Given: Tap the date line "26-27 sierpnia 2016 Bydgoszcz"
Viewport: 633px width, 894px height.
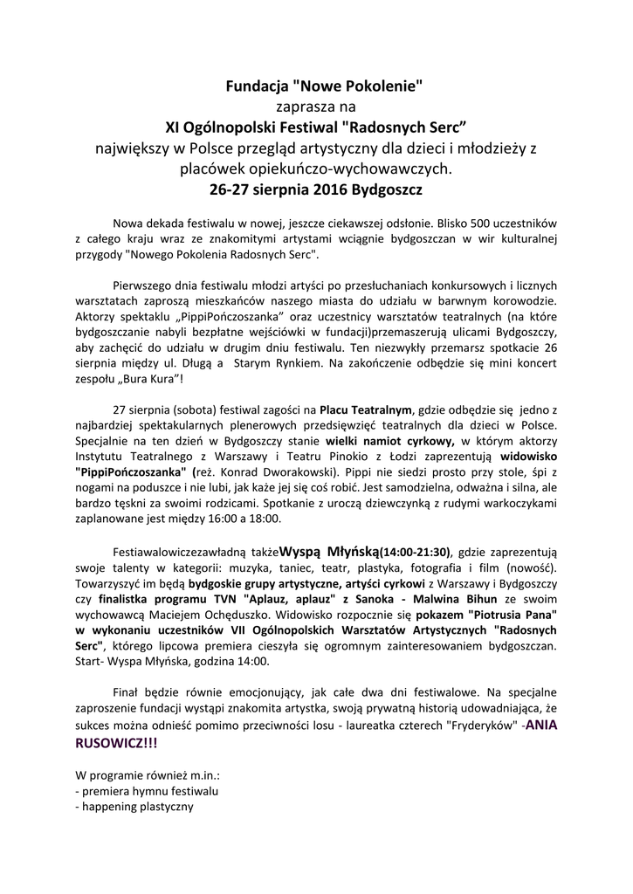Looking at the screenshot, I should click(x=324, y=188).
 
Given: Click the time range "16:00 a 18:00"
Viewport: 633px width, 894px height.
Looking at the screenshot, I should click(x=240, y=519).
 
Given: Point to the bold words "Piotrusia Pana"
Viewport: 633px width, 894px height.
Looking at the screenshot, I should click(x=517, y=615).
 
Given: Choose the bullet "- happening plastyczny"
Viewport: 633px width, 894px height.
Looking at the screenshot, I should click(x=134, y=806).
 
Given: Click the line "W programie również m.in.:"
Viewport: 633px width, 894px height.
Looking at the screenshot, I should click(x=147, y=774).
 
